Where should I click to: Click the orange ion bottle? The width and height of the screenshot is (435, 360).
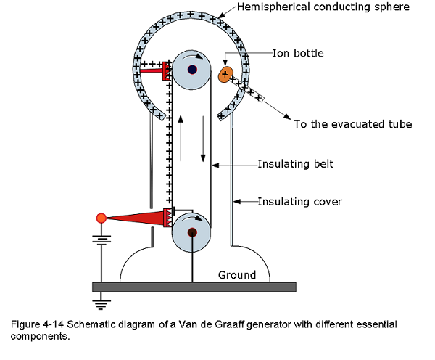point(225,75)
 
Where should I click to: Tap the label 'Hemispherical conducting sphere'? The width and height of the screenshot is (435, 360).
point(323,7)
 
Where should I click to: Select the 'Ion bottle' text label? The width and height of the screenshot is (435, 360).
point(298,53)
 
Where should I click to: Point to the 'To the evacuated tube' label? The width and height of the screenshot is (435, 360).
point(353,124)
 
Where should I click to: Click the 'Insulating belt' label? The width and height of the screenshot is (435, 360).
point(296,164)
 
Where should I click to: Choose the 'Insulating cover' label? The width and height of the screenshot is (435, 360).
point(300,202)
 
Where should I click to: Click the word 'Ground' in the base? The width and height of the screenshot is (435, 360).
point(237,275)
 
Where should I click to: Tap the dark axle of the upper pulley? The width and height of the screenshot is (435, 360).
point(192,70)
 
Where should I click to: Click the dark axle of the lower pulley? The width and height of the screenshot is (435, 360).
point(192,232)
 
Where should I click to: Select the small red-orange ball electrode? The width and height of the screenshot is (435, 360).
point(101,218)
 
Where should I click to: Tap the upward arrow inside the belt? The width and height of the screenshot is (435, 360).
point(181,138)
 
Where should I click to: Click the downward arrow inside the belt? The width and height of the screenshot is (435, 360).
point(203,139)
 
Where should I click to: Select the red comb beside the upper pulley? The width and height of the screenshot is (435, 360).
point(167,71)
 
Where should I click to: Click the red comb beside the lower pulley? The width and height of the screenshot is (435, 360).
point(167,218)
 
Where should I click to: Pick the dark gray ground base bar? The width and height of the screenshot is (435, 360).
point(194,287)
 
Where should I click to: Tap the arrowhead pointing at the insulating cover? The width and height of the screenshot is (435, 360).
point(236,201)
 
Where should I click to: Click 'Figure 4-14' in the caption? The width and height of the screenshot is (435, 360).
point(38,324)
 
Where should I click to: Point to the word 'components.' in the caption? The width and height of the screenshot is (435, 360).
point(40,337)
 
